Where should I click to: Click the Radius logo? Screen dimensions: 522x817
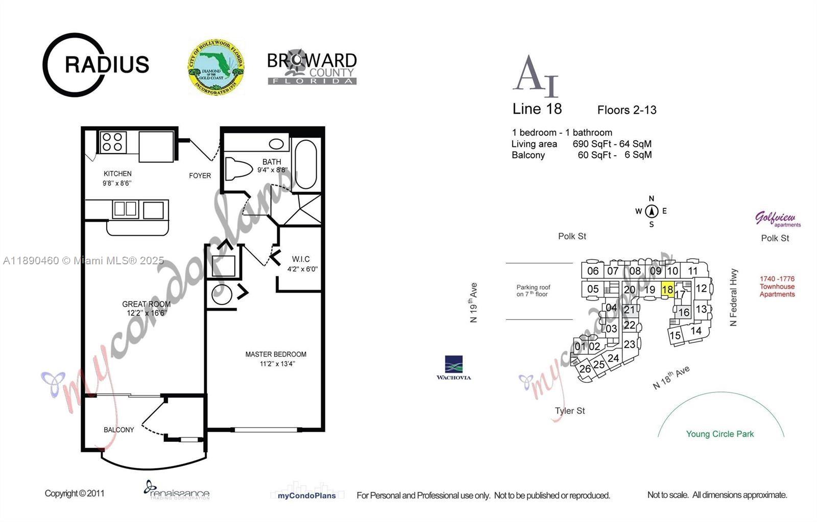95,65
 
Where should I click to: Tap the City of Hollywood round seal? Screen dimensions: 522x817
215,67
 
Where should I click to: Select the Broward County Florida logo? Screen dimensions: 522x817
312,67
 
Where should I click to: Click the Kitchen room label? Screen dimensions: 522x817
117,173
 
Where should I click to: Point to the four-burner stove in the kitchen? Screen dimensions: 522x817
113,142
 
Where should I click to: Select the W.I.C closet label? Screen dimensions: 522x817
301,259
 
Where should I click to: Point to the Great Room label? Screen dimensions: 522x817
146,304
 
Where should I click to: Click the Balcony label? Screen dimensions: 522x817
119,430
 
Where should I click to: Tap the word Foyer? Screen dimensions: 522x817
200,176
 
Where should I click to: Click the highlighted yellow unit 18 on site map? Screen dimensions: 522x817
667,290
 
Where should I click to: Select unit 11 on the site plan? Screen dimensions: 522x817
692,271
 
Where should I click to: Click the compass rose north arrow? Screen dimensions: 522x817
651,211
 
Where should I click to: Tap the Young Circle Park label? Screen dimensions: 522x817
719,434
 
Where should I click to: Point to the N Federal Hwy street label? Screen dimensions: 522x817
734,297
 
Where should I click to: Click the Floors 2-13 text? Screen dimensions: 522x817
627,110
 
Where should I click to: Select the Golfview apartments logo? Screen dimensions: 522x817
777,219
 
